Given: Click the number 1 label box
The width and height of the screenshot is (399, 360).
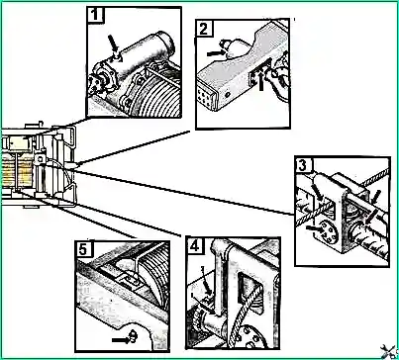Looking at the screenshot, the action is click(x=95, y=15).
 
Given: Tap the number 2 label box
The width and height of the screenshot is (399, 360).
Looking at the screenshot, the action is click(x=204, y=29).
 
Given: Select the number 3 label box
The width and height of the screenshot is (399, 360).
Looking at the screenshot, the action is click(x=303, y=165).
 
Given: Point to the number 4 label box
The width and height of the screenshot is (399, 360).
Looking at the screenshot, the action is click(x=195, y=245).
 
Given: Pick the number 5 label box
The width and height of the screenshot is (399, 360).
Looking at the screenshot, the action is click(x=83, y=249).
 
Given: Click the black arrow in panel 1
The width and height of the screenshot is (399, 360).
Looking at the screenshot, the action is click(x=114, y=44).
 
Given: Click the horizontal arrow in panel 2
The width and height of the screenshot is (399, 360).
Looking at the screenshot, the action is click(x=215, y=52).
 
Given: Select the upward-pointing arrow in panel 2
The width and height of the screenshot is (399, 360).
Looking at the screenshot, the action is click(x=261, y=81).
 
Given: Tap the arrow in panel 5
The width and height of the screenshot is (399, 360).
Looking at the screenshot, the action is click(x=120, y=339).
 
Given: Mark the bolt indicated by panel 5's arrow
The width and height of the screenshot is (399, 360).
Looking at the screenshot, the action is click(x=133, y=336).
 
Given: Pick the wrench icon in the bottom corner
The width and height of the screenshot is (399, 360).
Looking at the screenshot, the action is click(x=387, y=351).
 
